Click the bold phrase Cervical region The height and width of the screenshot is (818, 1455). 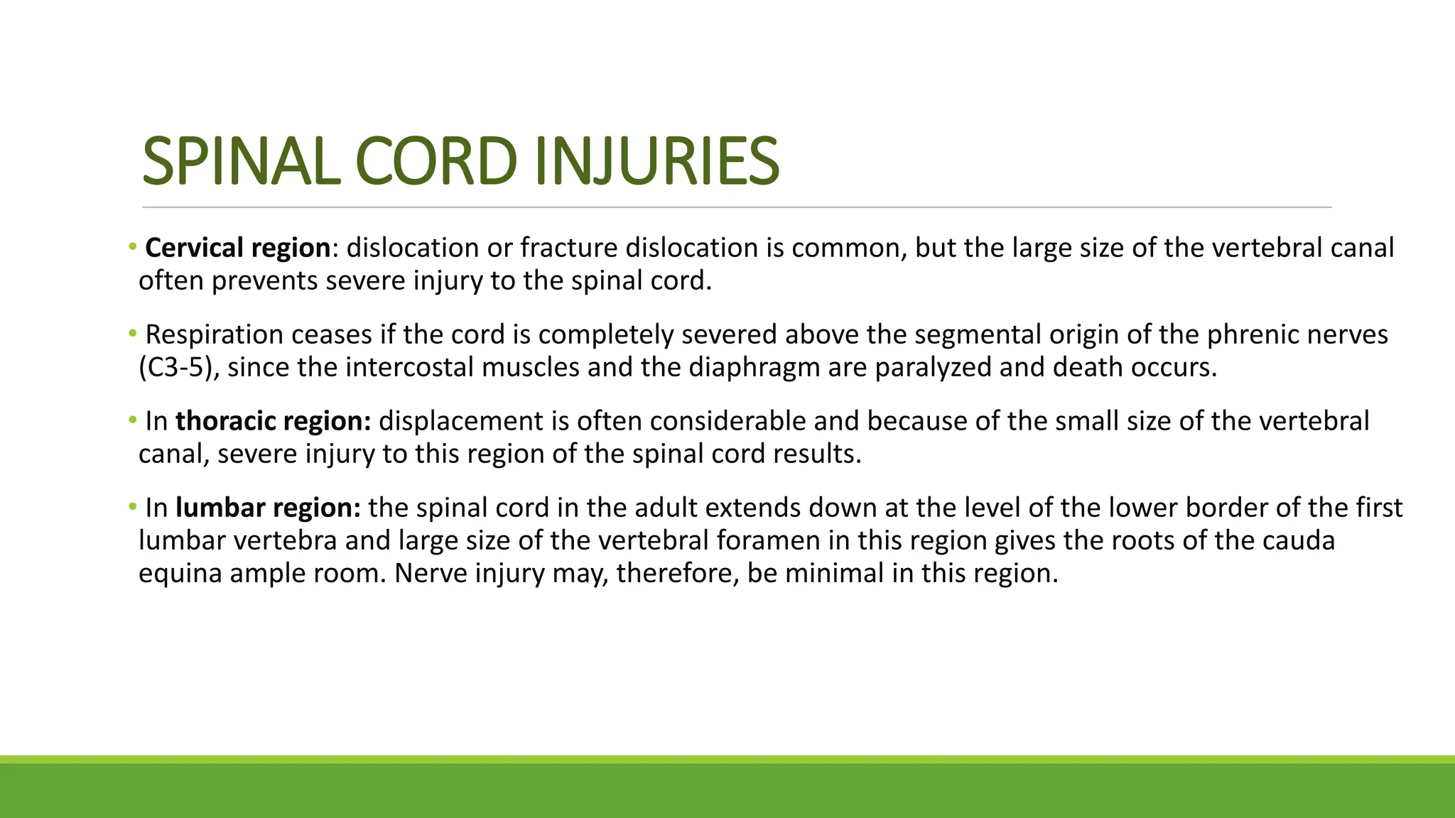[238, 248]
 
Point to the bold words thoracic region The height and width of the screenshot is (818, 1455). [274, 421]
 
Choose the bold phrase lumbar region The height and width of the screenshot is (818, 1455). [269, 508]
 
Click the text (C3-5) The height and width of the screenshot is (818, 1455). [178, 367]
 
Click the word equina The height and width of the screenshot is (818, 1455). [180, 573]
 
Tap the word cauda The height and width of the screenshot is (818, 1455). [1298, 540]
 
